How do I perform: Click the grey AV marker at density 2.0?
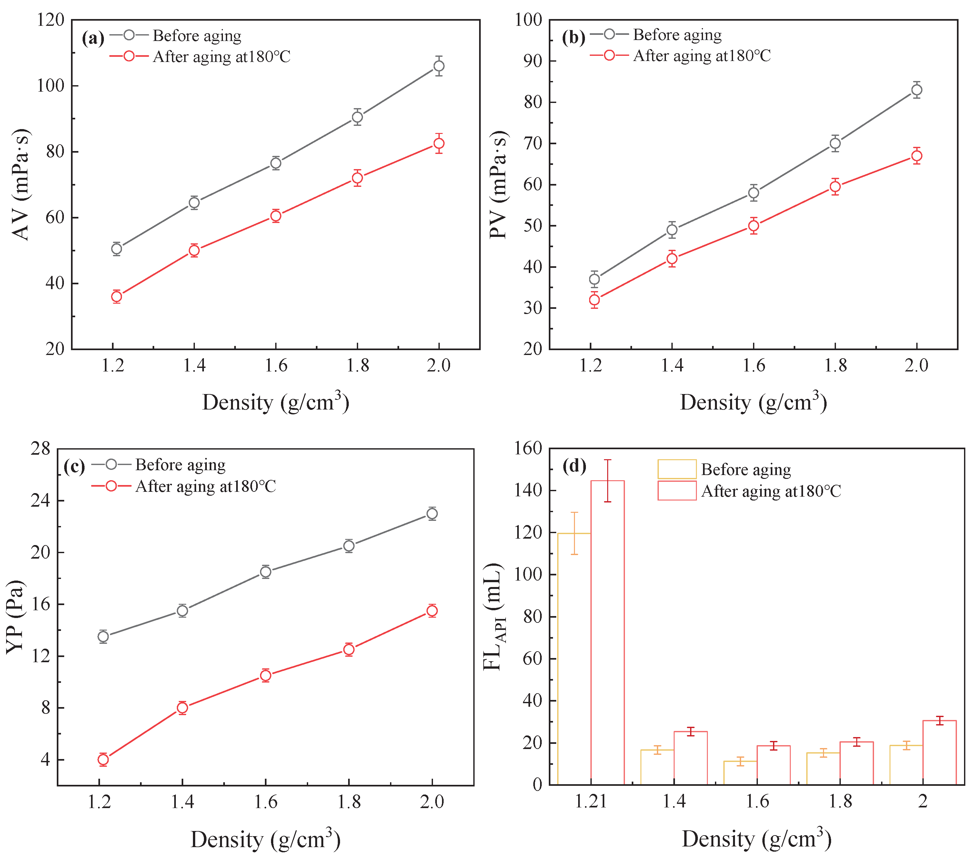pos(438,66)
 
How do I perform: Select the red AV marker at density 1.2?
pos(116,296)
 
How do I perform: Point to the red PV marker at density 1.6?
pos(753,226)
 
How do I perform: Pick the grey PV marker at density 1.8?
pos(835,143)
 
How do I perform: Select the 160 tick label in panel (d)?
pos(528,448)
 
